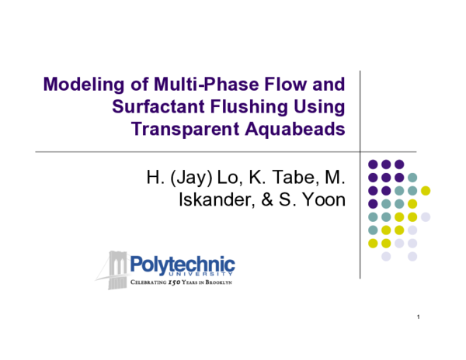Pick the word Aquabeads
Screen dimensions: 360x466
301,129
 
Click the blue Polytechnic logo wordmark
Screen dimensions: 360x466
183,263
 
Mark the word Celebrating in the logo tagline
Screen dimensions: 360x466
147,280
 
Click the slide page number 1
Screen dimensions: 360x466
418,318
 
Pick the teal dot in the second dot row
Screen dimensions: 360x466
412,177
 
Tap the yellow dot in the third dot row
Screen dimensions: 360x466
426,190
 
